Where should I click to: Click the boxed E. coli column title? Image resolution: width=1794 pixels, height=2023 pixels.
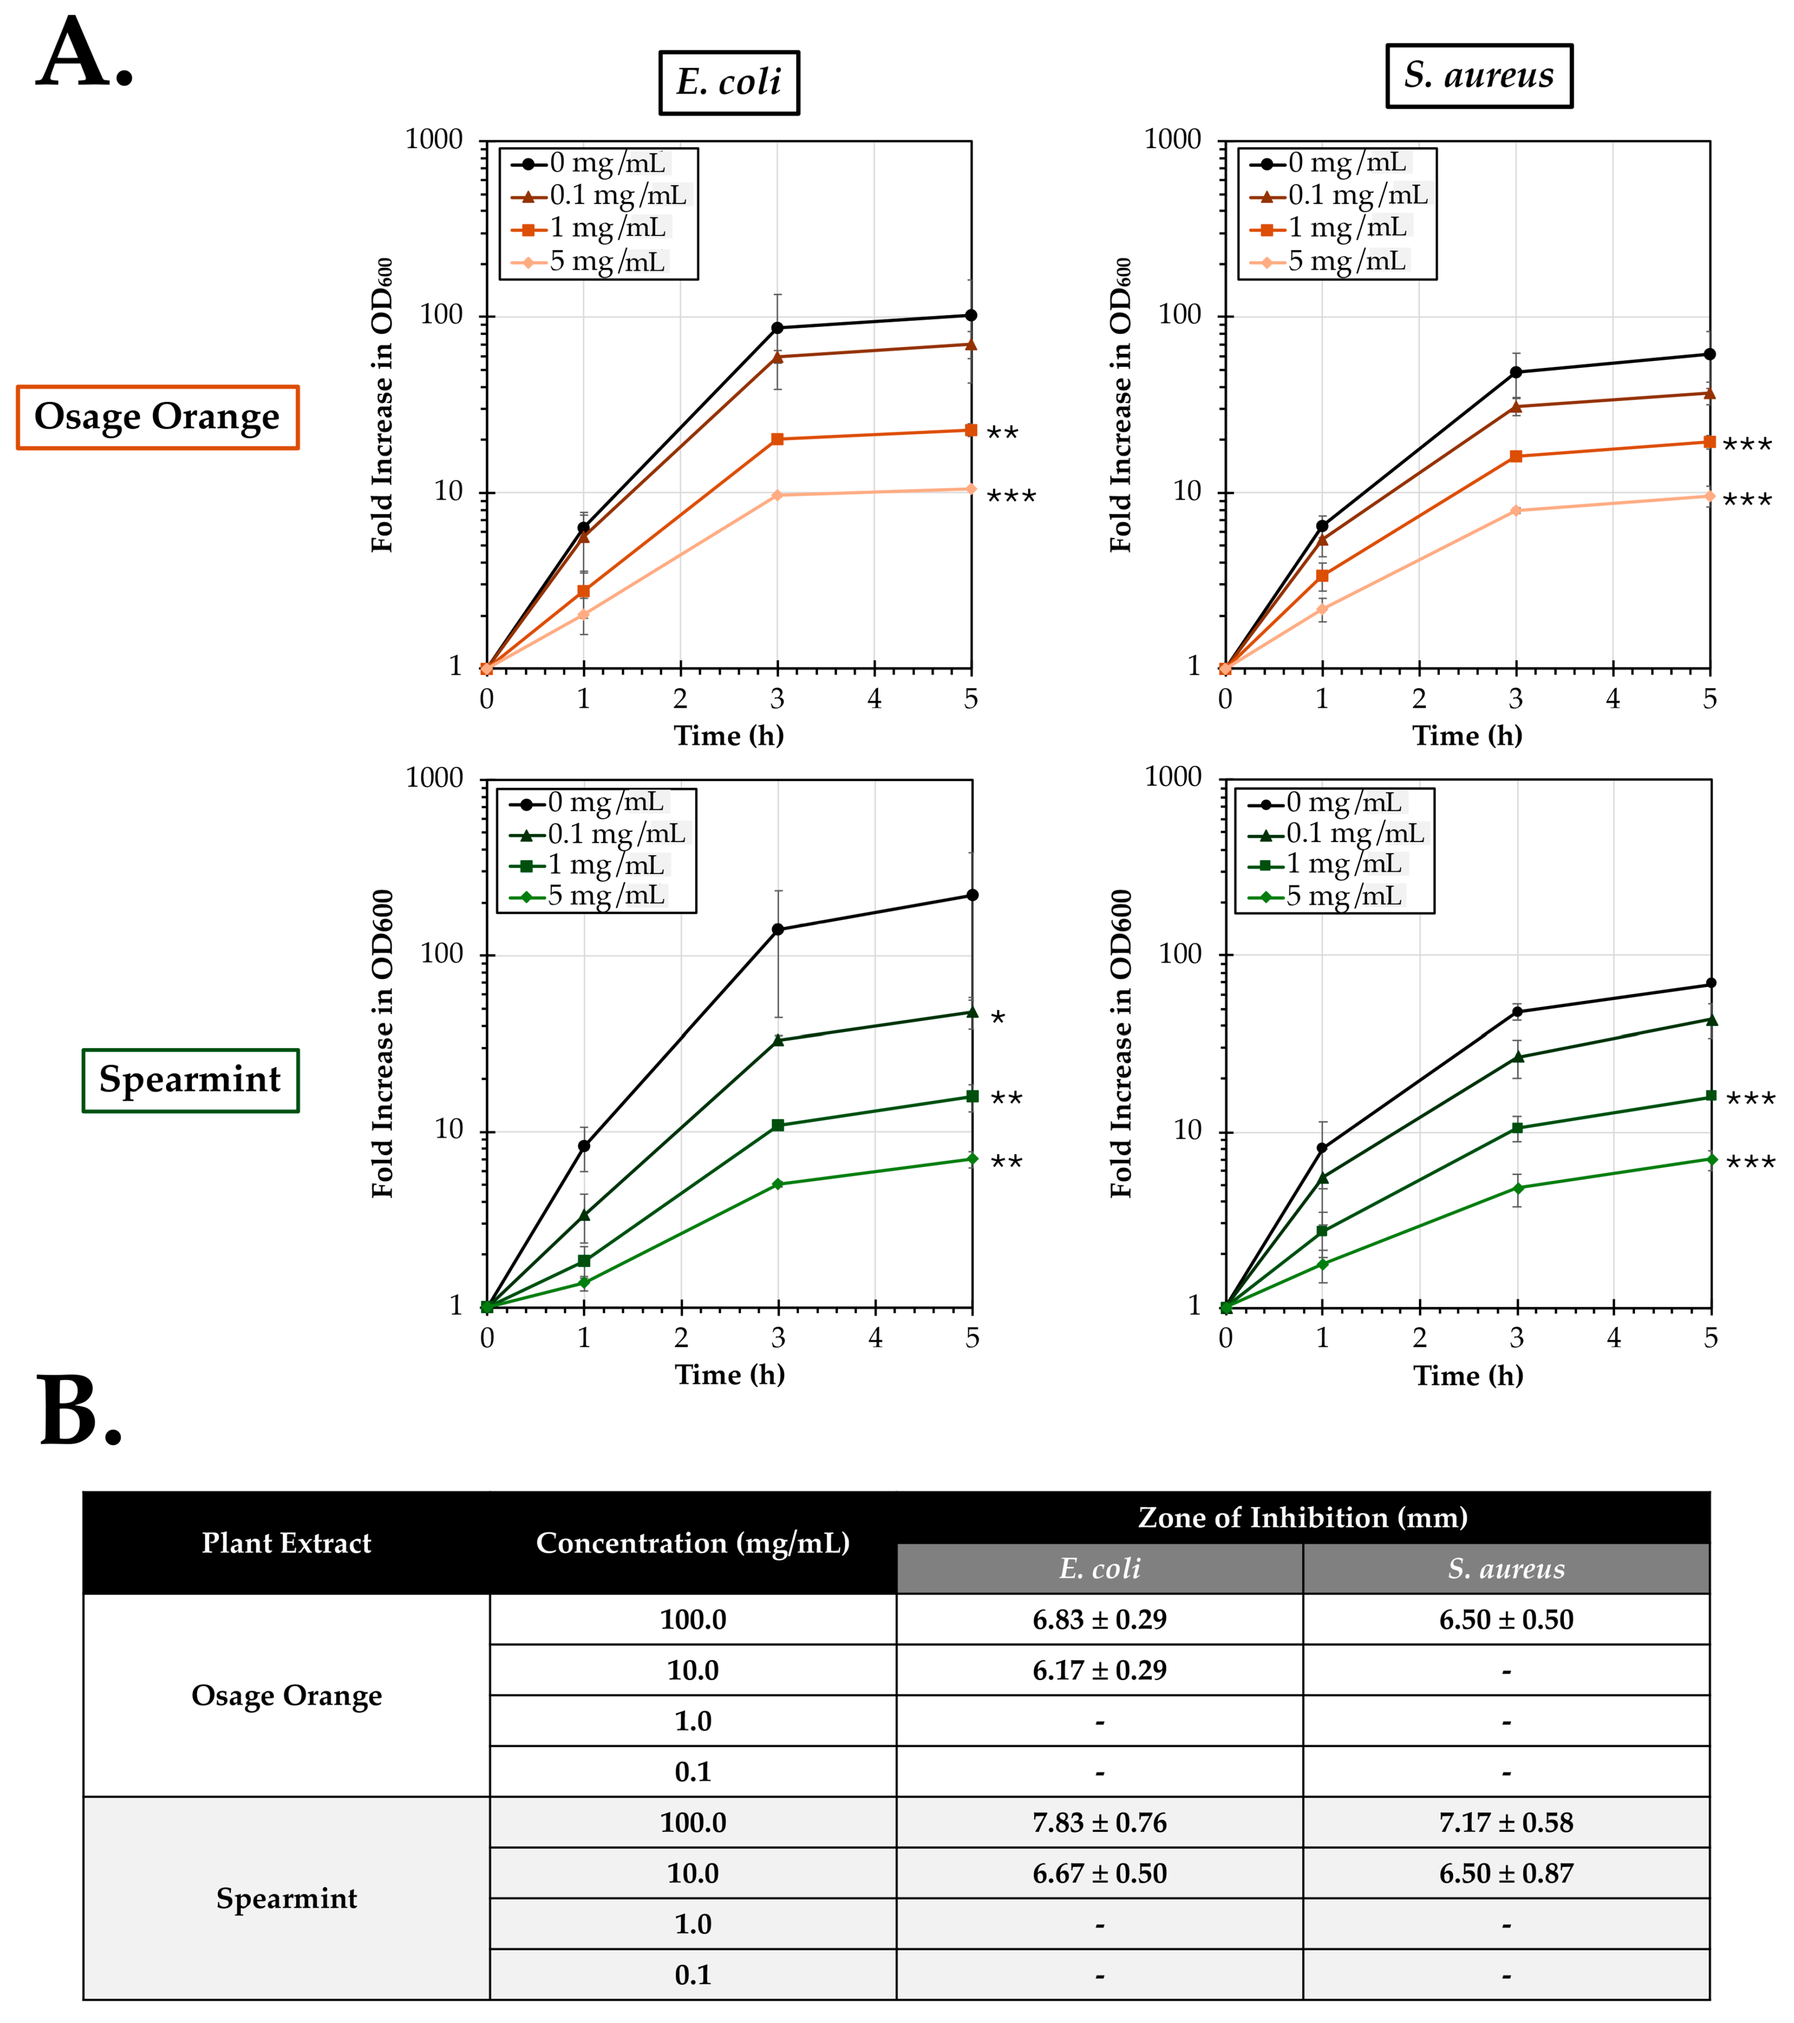click(x=729, y=82)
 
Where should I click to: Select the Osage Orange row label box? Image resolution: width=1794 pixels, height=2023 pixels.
click(x=157, y=416)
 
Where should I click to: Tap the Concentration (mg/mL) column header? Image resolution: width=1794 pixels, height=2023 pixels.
click(x=693, y=1543)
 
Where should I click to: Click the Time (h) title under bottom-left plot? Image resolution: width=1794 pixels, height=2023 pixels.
click(x=729, y=1375)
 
